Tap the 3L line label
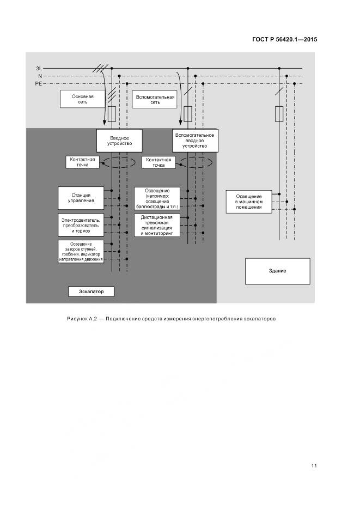pos(39,69)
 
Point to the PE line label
pos(38,84)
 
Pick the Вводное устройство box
pos(119,140)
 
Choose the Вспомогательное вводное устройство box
pos(195,140)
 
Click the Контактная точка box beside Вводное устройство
pos(83,162)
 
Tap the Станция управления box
pos(81,197)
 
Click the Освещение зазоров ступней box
pos(81,251)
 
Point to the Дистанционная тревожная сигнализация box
pos(156,226)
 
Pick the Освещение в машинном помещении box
pos(249,201)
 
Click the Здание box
pos(277,271)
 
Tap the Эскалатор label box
pos(91,292)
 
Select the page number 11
pos(314,465)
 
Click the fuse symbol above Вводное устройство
pos(112,114)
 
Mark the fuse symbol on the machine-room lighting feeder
pos(280,114)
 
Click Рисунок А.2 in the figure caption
pos(81,318)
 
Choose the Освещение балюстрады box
pos(156,198)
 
